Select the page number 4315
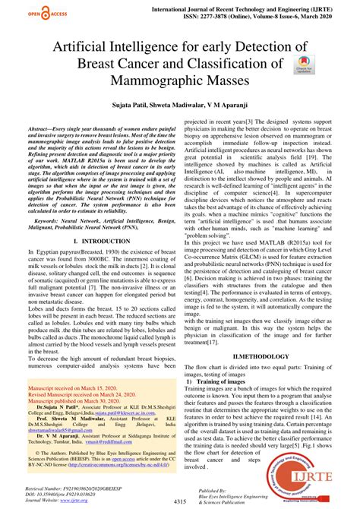point(179,502)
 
